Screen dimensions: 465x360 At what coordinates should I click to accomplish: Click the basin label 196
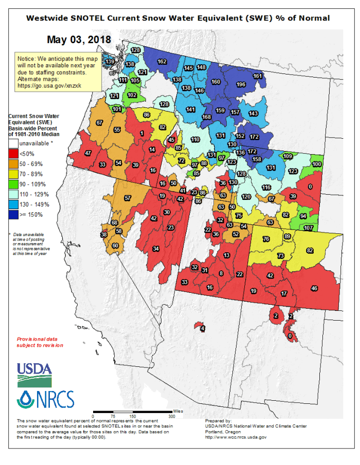point(240,85)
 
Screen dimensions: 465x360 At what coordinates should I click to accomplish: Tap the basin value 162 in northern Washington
point(162,62)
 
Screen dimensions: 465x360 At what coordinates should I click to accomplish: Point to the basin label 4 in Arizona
point(203,328)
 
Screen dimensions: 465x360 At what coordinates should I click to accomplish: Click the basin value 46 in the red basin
point(315,289)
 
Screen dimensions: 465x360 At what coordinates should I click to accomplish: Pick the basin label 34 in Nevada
point(156,249)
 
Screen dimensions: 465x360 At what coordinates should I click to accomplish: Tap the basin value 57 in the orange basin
point(128,198)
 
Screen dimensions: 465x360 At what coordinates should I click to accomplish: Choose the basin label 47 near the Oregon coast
point(88,153)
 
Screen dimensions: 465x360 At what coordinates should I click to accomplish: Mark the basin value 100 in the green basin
point(317,164)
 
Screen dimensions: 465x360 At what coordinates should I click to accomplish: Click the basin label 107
point(308,228)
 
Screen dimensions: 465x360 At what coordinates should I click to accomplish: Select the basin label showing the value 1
point(141,134)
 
